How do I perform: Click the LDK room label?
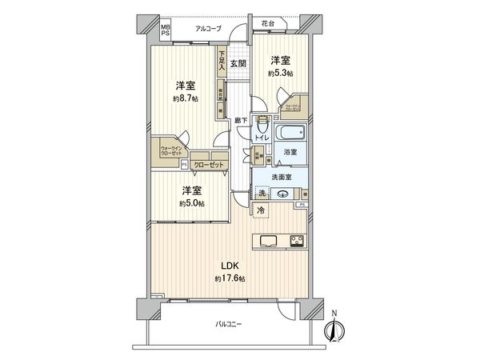click(x=229, y=264)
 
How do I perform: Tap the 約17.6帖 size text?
click(x=230, y=278)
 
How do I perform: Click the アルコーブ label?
click(x=210, y=29)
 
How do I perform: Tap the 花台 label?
click(x=267, y=25)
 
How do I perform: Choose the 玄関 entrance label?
click(x=238, y=62)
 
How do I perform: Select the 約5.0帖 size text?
click(x=191, y=204)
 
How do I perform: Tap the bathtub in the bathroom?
click(x=290, y=133)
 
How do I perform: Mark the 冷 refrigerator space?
click(x=260, y=210)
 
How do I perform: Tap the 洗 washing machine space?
click(x=262, y=193)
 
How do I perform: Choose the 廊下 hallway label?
click(x=240, y=120)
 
